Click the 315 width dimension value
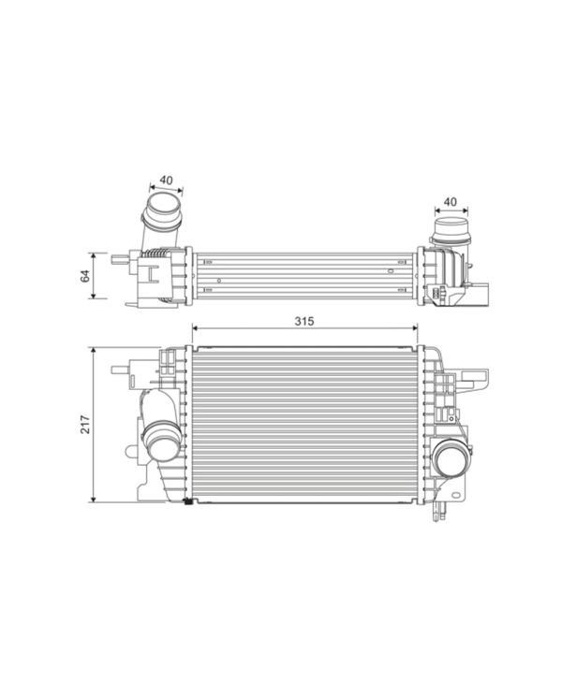pos(303,320)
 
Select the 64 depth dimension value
pos(84,275)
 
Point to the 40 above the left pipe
pos(166,180)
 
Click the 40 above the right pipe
pos(450,201)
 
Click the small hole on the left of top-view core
pos(219,281)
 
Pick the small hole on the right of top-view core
pos(388,270)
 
